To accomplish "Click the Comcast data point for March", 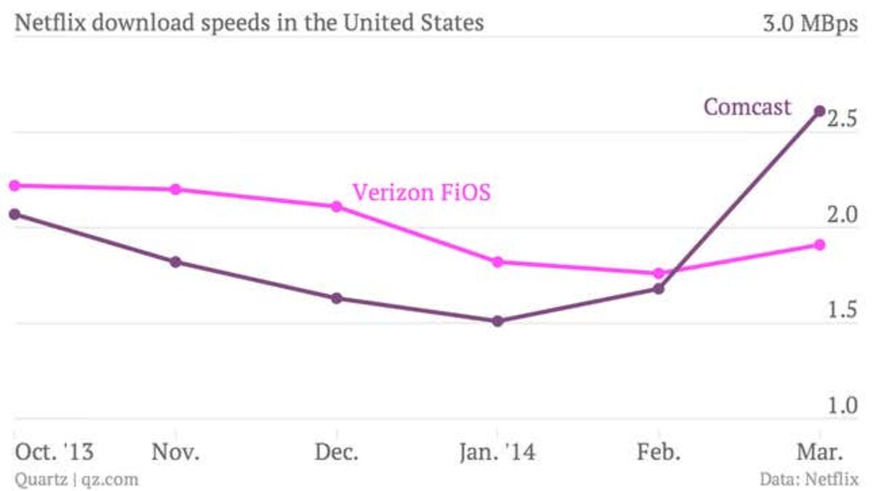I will (x=819, y=111).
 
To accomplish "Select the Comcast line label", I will (x=746, y=108).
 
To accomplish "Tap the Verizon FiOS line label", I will (x=421, y=193).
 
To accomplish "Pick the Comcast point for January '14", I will (x=498, y=321).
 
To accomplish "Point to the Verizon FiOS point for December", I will (x=337, y=207).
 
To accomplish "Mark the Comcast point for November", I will (x=175, y=262).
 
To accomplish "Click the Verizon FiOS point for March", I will (x=819, y=245).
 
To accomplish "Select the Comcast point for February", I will (x=658, y=289).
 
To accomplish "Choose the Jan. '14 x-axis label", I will (x=498, y=452).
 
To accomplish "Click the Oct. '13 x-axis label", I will (x=55, y=452).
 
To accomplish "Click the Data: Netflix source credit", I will (x=809, y=479).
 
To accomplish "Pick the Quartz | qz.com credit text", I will (x=76, y=479).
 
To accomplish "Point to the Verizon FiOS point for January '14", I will (x=498, y=262).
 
